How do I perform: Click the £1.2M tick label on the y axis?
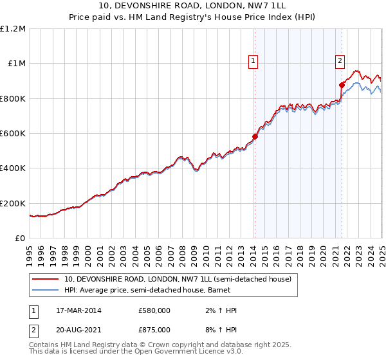13,28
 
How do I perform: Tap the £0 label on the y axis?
21,238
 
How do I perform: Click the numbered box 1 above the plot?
253,61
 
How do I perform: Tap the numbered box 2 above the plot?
340,61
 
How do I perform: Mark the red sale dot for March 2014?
255,137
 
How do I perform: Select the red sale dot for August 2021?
342,85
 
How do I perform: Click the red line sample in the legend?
45,280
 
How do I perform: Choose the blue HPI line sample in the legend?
45,291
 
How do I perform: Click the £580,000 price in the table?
154,310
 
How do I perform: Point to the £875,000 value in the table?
154,329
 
